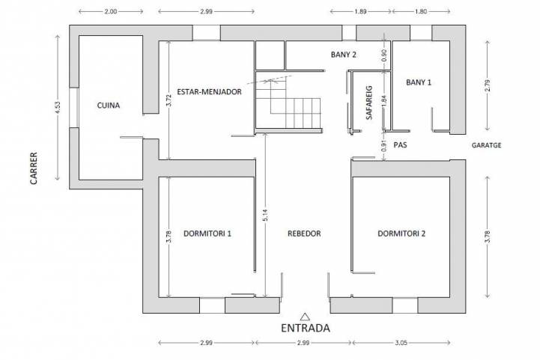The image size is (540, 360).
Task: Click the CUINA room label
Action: point(109,106)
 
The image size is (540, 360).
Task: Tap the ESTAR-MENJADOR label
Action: point(209,92)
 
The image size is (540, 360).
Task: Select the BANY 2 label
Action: point(343,55)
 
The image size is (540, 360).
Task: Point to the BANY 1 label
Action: point(419,82)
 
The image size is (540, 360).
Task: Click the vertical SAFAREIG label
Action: point(369,103)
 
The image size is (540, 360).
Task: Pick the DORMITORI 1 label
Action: point(207,234)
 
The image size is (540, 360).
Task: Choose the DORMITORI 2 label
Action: point(401,234)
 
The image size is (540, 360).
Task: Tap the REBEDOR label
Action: point(304,234)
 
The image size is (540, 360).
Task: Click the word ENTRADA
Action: point(306,328)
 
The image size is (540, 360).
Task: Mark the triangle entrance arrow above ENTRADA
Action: point(304,317)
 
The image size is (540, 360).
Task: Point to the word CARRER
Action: point(34,168)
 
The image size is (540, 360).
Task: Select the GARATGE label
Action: point(486,145)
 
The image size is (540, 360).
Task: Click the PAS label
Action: point(400,145)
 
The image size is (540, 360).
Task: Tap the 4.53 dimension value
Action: point(58,107)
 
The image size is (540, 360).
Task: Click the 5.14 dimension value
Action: point(265,216)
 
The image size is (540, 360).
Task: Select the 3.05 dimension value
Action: point(401,343)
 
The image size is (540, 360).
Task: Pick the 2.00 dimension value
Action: point(111,11)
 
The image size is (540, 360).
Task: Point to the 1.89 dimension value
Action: point(360,11)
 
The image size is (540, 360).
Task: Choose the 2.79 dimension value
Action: point(487,85)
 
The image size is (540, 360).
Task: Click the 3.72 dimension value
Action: point(169,100)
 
